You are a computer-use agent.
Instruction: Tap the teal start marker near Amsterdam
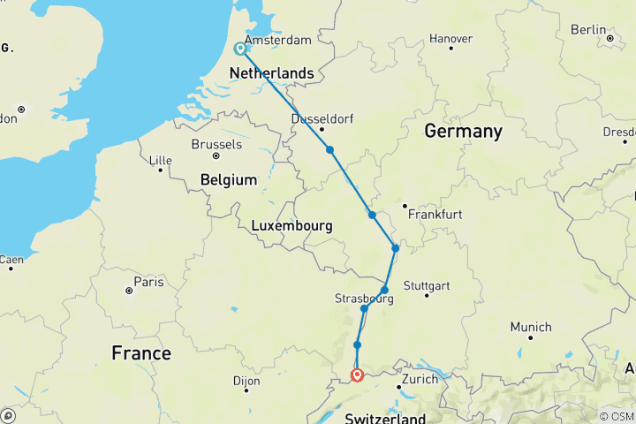tap(240, 49)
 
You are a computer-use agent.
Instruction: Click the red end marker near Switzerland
tap(357, 375)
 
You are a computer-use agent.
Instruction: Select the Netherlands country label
tap(271, 72)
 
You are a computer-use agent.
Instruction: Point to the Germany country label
tap(463, 132)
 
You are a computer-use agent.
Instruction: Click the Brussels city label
tap(216, 144)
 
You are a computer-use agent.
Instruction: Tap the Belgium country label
tap(229, 179)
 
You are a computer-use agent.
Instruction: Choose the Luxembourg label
tap(291, 226)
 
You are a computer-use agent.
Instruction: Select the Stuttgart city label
tap(426, 285)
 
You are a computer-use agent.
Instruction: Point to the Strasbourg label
tap(364, 299)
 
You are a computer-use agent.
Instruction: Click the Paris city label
tap(147, 283)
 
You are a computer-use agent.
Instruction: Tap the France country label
tap(141, 353)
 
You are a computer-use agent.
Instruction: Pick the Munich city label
tap(531, 326)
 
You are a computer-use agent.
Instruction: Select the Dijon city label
tap(246, 382)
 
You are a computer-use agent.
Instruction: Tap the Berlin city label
tap(588, 29)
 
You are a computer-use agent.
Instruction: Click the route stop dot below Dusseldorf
tap(329, 150)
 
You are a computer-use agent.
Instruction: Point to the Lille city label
tap(161, 160)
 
